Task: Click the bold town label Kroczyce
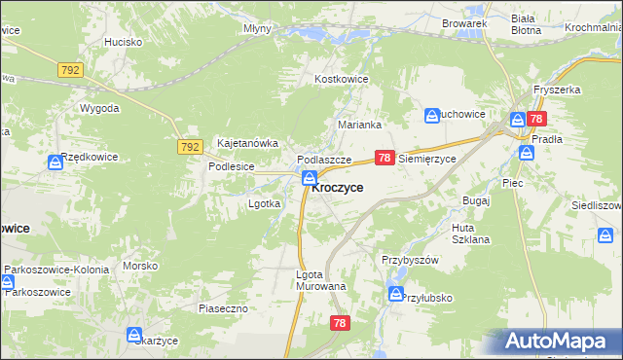pyautogui.click(x=338, y=187)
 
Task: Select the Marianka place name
pyautogui.click(x=358, y=125)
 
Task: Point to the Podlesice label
pyautogui.click(x=231, y=166)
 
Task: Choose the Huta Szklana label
pyautogui.click(x=471, y=234)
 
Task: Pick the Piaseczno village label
pyautogui.click(x=225, y=308)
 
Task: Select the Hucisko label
pyautogui.click(x=124, y=42)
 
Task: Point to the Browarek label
pyautogui.click(x=463, y=22)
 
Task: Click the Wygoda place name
pyautogui.click(x=99, y=107)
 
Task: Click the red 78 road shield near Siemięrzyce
pyautogui.click(x=385, y=157)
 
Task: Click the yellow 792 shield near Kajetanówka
pyautogui.click(x=190, y=147)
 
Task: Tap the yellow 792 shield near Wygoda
pyautogui.click(x=71, y=70)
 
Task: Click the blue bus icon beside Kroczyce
pyautogui.click(x=309, y=178)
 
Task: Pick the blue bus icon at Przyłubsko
pyautogui.click(x=395, y=293)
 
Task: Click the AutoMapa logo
pyautogui.click(x=556, y=342)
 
